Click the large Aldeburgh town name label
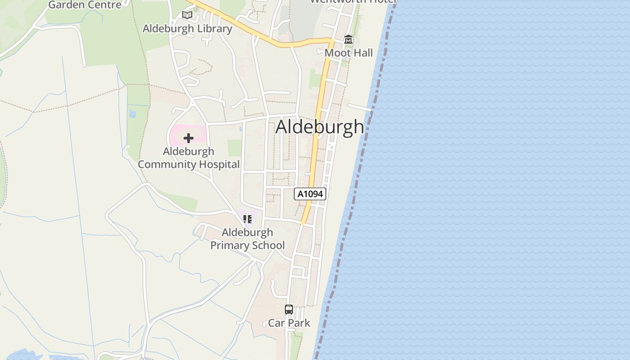pyautogui.click(x=319, y=127)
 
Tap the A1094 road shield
pyautogui.click(x=310, y=194)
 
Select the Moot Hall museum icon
pyautogui.click(x=348, y=40)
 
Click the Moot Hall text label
pyautogui.click(x=349, y=53)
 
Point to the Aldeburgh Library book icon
pyautogui.click(x=187, y=15)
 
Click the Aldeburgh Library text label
pyautogui.click(x=187, y=28)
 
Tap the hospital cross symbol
pyautogui.click(x=189, y=138)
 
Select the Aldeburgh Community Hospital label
pyautogui.click(x=189, y=158)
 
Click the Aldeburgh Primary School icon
pyautogui.click(x=247, y=219)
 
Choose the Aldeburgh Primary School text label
pyautogui.click(x=247, y=239)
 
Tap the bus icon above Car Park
pyautogui.click(x=289, y=310)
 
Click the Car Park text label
pyautogui.click(x=289, y=323)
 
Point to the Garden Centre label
pyautogui.click(x=85, y=4)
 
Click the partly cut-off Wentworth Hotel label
pyautogui.click(x=353, y=1)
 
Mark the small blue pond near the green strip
pyautogui.click(x=132, y=114)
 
